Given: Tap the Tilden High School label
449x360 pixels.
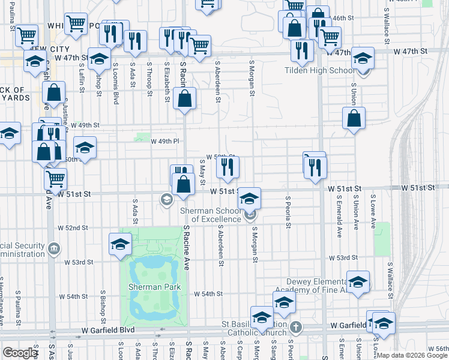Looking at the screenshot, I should [319, 70].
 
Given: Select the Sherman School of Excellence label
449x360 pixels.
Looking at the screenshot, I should [216, 214].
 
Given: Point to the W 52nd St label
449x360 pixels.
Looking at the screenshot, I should [73, 229].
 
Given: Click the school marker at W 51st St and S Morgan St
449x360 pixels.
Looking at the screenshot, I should [250, 199].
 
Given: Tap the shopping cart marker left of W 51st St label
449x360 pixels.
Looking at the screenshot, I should [55, 178].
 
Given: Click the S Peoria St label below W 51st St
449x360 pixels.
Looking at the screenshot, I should [289, 212].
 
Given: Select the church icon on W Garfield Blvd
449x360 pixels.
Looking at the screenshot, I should [295, 327].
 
